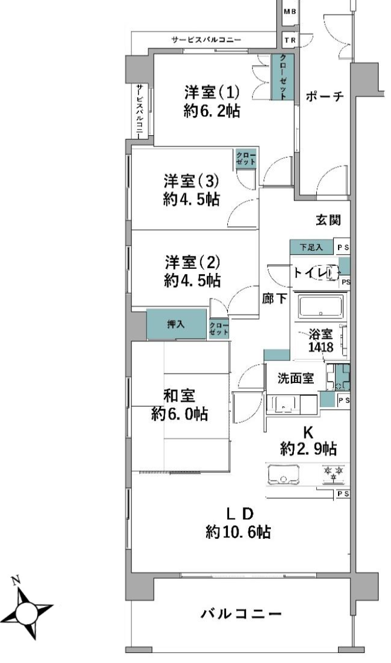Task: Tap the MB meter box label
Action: click(290, 12)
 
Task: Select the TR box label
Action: click(290, 41)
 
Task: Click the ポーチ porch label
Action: click(324, 96)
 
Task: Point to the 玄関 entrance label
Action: click(329, 220)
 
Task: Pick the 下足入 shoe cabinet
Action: click(312, 247)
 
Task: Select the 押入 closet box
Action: click(177, 324)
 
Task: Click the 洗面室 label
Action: click(296, 378)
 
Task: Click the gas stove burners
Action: click(334, 474)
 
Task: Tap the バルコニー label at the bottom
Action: click(241, 613)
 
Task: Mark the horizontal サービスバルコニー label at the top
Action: click(206, 40)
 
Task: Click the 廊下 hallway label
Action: click(274, 299)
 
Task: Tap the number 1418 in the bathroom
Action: click(321, 347)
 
